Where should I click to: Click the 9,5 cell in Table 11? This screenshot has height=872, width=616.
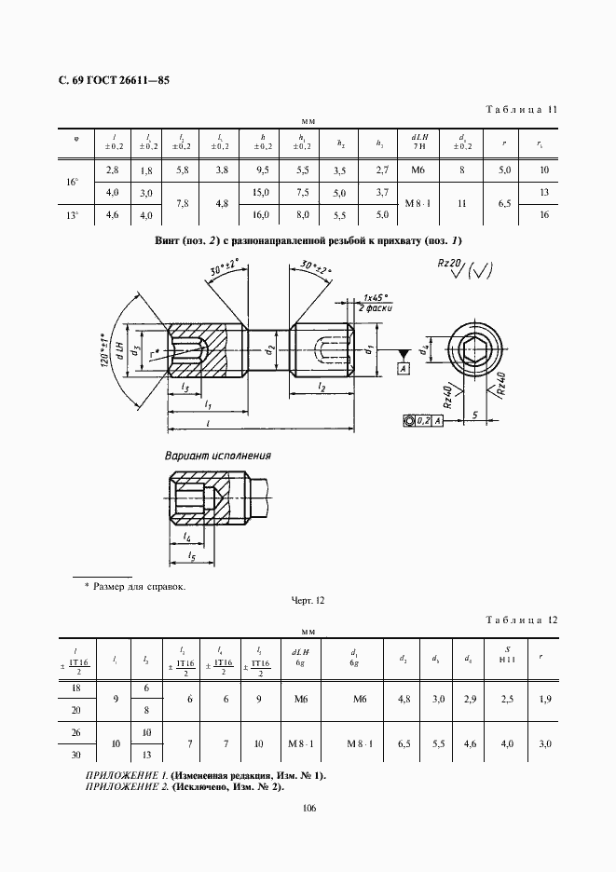tap(261, 170)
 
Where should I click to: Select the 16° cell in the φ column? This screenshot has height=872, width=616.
tap(73, 182)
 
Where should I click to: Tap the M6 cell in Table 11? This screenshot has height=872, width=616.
tap(417, 170)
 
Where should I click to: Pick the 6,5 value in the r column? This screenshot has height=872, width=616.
tap(503, 202)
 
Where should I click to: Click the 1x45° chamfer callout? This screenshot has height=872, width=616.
tap(376, 296)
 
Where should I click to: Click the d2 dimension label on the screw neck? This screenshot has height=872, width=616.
tap(267, 351)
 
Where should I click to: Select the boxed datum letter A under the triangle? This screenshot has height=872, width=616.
tap(404, 368)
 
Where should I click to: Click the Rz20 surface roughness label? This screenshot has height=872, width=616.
tap(452, 265)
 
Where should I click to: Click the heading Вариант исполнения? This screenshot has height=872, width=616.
tap(218, 456)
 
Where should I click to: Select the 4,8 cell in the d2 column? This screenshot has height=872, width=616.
tap(403, 699)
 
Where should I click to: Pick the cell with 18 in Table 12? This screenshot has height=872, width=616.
tap(76, 688)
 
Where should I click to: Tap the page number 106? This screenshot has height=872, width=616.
tap(309, 808)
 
